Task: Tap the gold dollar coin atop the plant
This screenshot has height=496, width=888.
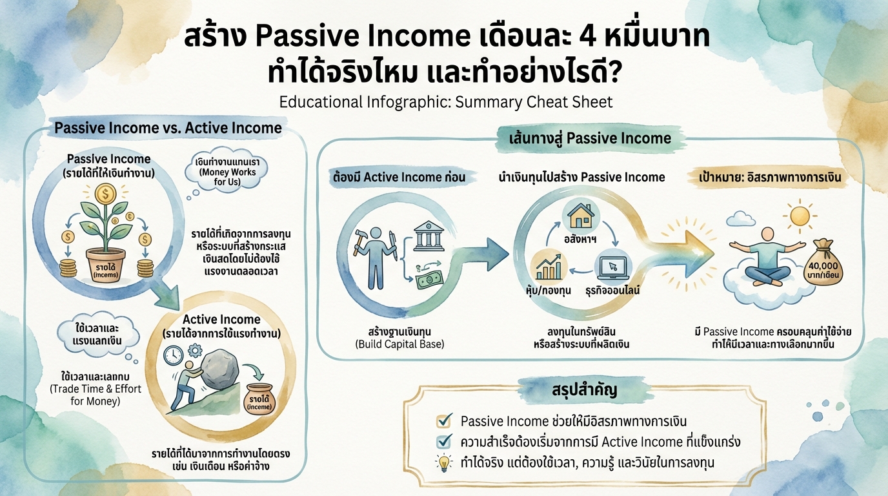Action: point(105,193)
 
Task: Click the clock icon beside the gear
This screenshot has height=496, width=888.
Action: point(173,355)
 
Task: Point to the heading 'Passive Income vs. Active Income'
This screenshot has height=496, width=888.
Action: point(168,128)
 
